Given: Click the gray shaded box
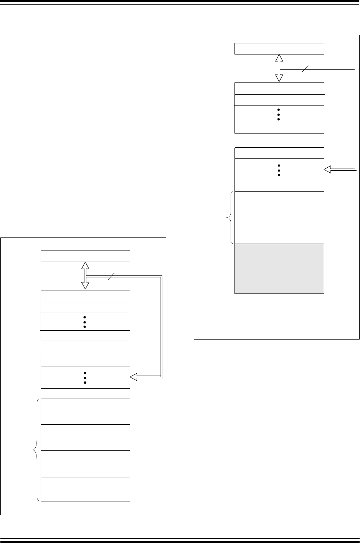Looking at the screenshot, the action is (x=279, y=269).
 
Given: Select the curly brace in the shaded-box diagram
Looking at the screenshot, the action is (x=229, y=218).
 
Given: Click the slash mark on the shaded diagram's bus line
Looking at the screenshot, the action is (x=305, y=69).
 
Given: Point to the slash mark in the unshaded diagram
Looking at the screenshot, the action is (x=111, y=276).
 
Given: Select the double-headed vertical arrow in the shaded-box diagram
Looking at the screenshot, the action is (x=279, y=68).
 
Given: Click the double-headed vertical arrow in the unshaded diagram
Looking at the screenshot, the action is (x=85, y=275).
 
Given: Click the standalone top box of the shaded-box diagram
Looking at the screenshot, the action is (x=279, y=49).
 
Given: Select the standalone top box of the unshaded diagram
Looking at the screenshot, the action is (x=85, y=256).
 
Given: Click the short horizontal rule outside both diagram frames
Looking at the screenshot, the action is (x=84, y=124).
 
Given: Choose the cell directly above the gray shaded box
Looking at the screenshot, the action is (x=279, y=230).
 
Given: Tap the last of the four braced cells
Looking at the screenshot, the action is (x=85, y=489).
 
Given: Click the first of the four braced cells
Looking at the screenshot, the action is (x=85, y=411).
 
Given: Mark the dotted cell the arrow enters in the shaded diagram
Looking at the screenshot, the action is (x=279, y=169).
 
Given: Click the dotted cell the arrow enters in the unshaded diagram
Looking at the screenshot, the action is (x=85, y=377).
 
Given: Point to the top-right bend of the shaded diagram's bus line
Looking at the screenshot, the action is (x=355, y=69).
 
